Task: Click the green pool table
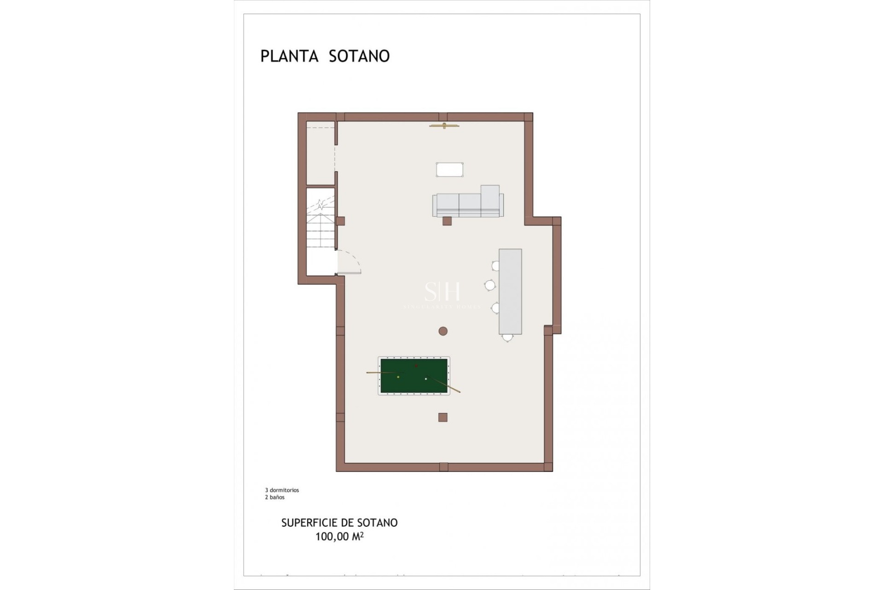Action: tap(413, 376)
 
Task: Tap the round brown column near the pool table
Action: tap(443, 331)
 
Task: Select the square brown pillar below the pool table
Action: tap(443, 418)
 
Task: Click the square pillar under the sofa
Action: tap(447, 221)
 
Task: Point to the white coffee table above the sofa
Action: tap(449, 169)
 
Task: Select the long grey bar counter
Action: tap(510, 291)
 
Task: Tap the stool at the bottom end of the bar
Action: tap(507, 337)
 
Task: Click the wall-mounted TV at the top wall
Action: tap(444, 125)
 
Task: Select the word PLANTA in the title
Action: tap(289, 56)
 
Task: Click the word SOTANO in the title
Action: tap(359, 56)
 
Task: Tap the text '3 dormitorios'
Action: tap(282, 490)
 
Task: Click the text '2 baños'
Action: tap(274, 497)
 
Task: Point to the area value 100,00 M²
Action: tap(339, 537)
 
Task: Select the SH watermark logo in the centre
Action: tap(442, 291)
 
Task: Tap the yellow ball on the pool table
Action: tap(398, 377)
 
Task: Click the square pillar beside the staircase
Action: tap(340, 221)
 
